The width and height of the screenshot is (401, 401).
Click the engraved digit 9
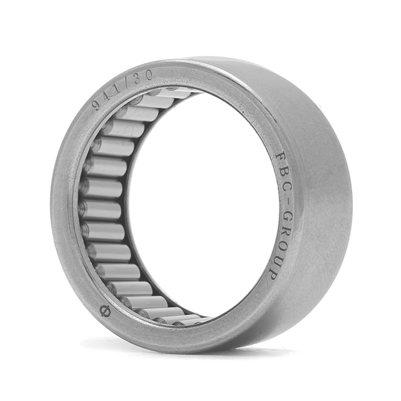(96, 105)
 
